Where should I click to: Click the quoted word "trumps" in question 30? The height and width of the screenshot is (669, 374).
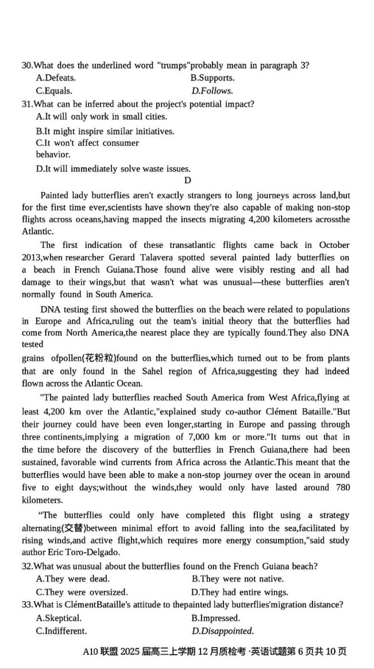coord(172,65)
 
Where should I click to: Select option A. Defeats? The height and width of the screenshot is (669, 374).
coord(56,78)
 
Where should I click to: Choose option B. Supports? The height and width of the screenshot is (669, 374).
coord(213,78)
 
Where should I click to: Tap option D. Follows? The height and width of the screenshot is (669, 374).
coord(213,91)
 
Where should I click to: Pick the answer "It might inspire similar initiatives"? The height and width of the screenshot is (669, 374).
coord(105,131)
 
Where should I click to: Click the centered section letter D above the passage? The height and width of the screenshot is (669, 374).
coord(187,181)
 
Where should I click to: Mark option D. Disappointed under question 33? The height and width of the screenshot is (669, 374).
coord(223,631)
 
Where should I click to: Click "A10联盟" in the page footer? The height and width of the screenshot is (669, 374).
coord(99,652)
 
